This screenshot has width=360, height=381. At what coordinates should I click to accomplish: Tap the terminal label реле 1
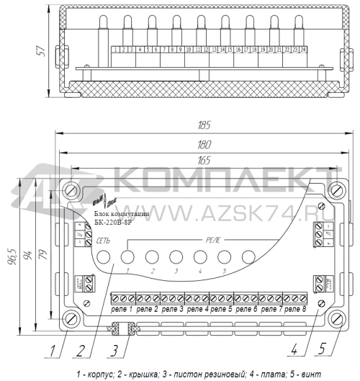tap(122, 308)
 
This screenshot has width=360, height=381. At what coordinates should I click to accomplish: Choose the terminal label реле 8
tap(294, 308)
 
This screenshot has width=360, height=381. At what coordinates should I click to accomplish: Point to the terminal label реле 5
tap(221, 308)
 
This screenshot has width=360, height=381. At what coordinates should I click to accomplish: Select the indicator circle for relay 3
tap(176, 256)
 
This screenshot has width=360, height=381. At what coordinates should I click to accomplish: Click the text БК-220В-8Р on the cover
tap(112, 223)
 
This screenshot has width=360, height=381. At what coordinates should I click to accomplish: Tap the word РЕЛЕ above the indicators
tap(215, 238)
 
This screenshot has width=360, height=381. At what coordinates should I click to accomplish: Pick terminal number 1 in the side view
tap(116, 50)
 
